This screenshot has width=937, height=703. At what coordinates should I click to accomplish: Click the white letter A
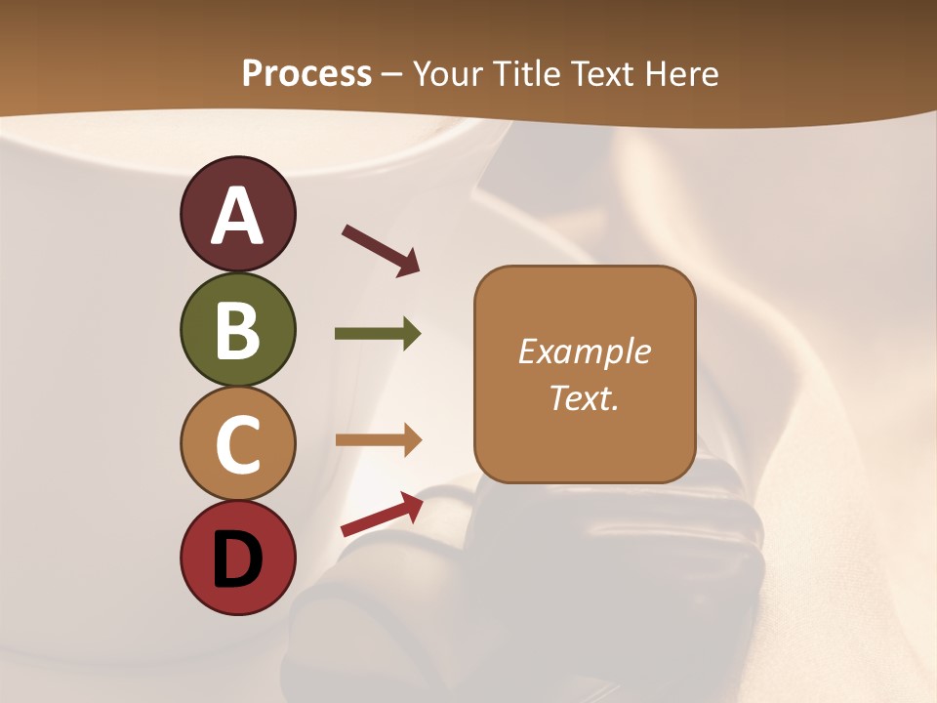point(237,216)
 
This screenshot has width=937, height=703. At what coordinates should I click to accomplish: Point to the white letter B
point(237,329)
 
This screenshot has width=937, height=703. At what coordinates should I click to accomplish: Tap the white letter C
point(237,444)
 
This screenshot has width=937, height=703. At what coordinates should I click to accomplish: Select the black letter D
point(237,559)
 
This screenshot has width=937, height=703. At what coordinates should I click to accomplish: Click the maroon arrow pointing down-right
point(381,250)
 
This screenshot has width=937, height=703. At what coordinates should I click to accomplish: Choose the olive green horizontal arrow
point(378,334)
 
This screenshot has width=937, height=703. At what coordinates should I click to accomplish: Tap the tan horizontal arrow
point(378,440)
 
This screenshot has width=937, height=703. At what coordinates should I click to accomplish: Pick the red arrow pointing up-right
point(382,515)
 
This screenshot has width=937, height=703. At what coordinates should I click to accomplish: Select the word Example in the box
point(585,351)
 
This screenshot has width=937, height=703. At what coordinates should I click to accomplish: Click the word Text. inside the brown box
point(585,397)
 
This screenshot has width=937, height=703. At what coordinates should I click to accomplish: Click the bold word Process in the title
point(306,74)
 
